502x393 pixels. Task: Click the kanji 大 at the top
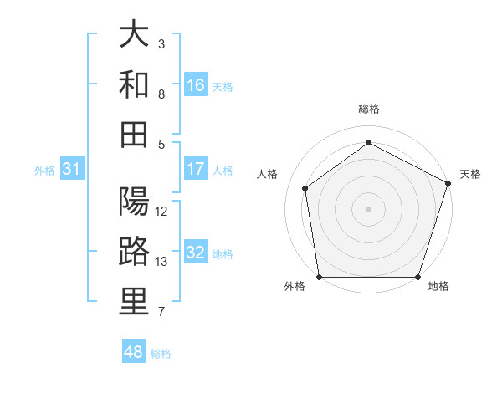134,36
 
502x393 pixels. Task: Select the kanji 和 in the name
134,84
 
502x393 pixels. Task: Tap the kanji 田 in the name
134,133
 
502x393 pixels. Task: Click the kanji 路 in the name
134,251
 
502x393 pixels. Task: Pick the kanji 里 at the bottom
134,301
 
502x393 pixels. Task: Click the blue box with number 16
196,84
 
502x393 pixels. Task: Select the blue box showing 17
196,169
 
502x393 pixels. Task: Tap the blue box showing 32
196,253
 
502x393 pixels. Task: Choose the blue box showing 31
72,169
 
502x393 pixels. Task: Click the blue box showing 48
134,352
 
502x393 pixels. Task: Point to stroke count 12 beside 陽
162,212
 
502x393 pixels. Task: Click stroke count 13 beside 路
162,262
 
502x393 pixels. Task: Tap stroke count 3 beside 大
161,43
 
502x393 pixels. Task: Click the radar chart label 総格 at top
368,109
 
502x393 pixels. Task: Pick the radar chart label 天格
470,174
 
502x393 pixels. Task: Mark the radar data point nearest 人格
305,188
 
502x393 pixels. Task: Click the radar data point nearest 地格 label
418,277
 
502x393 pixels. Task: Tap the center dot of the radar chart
368,208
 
